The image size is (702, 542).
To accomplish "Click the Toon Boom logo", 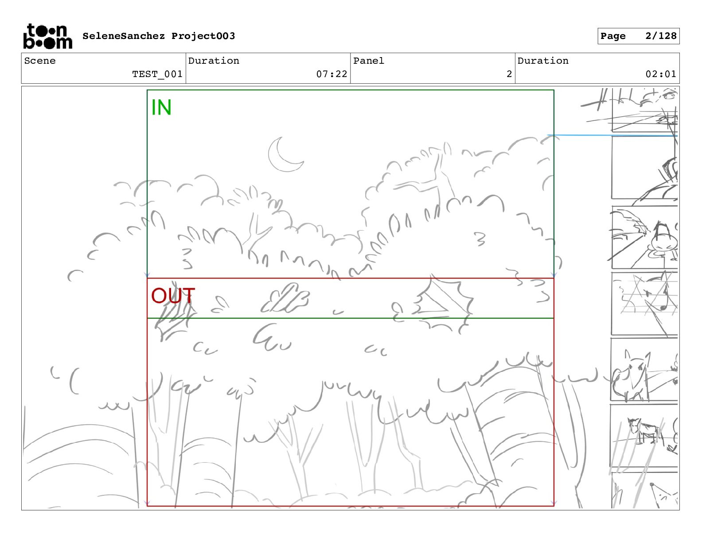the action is (x=47, y=36).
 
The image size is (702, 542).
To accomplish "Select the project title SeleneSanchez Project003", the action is (x=159, y=36).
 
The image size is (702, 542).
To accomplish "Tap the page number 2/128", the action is (x=661, y=36).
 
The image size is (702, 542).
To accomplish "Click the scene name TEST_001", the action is (x=157, y=74).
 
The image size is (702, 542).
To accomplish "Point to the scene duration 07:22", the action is (x=331, y=74).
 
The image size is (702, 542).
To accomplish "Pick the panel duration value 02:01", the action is (x=661, y=74).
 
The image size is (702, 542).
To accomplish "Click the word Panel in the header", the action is (x=368, y=61).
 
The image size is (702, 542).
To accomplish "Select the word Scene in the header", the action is (x=40, y=61).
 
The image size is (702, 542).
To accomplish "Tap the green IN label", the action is (x=161, y=108).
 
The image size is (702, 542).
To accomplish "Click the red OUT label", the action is (x=172, y=296).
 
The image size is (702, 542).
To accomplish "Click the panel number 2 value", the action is (x=509, y=74).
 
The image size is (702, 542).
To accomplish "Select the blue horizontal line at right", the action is (x=612, y=135).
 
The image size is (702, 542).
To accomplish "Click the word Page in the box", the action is (x=613, y=36).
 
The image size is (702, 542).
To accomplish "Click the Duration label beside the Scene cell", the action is (x=214, y=61).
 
